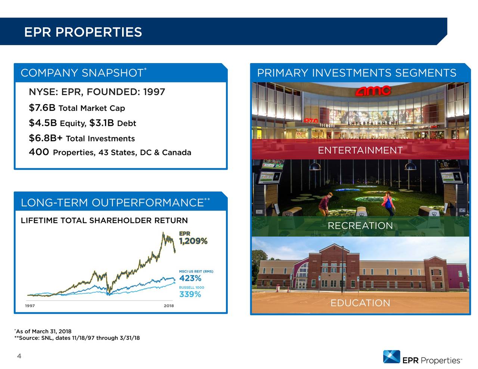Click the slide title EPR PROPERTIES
point(83,32)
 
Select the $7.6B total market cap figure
point(42,108)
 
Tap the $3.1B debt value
point(102,123)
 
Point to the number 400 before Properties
point(39,152)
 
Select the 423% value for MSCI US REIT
point(190,278)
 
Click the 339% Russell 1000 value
point(190,294)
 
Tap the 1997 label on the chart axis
point(30,306)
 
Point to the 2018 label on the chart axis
point(168,306)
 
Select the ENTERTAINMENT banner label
point(360,150)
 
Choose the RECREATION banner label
point(360,226)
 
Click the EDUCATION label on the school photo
point(360,303)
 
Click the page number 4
point(19,356)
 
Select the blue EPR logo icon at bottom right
point(391,357)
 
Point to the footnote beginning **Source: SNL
point(77,338)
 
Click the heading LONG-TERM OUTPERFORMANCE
point(112,203)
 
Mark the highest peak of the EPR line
point(163,233)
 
